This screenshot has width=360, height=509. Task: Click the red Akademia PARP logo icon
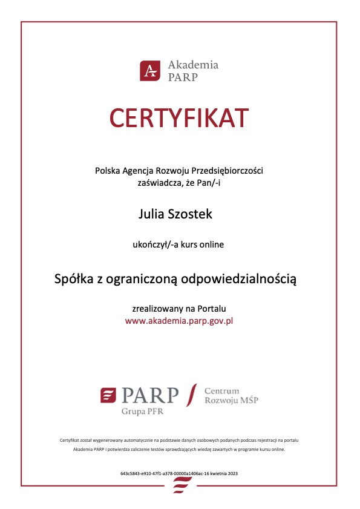(149, 71)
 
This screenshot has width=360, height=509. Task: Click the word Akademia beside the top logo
(193, 65)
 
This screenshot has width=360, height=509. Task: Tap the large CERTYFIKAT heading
(179, 117)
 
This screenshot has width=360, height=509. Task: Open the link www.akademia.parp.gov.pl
(179, 321)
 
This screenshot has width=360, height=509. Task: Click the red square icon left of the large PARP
(108, 395)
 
